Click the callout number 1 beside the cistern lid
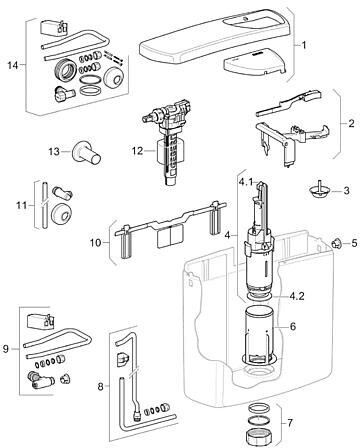point(304,45)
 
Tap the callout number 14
point(13,65)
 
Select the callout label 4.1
point(245,183)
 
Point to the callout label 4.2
point(297,296)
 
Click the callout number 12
point(137,151)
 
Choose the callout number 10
point(95,242)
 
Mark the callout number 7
point(290,423)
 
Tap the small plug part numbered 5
point(337,244)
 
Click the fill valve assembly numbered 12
point(169,141)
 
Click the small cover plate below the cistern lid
point(255,65)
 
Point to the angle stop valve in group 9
point(41,381)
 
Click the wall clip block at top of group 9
point(40,320)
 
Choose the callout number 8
point(100,387)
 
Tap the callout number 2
point(351,123)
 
